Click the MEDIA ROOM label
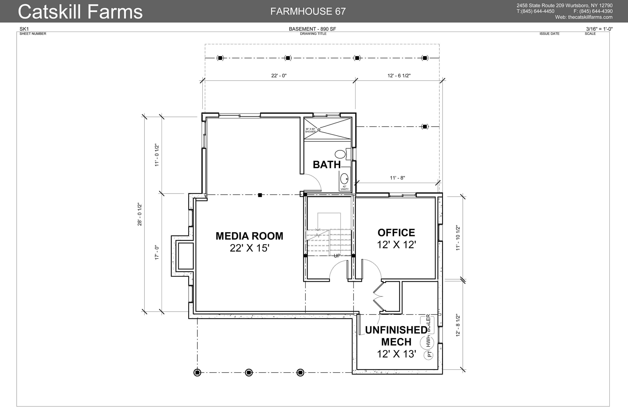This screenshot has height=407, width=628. [249, 236]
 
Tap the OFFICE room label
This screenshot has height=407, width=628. [396, 233]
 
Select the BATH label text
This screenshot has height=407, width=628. [327, 165]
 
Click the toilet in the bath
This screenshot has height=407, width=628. [340, 154]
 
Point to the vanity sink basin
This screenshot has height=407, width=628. [344, 179]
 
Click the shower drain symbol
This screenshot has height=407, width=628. [319, 130]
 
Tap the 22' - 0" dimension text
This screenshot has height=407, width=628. [279, 76]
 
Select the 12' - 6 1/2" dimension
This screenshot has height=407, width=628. [399, 76]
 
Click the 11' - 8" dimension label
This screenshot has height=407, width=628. [397, 178]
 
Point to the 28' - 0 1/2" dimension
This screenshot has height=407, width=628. [140, 214]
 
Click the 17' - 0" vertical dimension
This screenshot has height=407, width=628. [157, 253]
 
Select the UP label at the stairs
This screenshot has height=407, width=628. [337, 256]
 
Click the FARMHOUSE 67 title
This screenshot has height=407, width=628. [308, 11]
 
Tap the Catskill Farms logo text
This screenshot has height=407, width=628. [80, 12]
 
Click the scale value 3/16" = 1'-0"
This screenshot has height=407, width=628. [599, 29]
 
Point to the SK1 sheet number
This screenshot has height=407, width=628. [24, 29]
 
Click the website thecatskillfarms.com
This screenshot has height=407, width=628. [590, 17]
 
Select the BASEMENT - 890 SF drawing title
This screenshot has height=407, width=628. [312, 29]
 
